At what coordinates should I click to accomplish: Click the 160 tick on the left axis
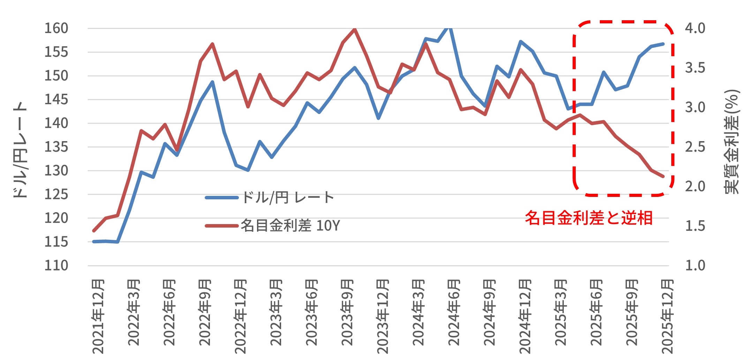click(56, 28)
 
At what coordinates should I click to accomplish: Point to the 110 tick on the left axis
click(56, 266)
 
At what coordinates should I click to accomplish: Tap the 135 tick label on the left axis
click(56, 147)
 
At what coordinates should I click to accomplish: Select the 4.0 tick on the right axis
click(695, 28)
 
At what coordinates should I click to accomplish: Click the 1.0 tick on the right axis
click(695, 266)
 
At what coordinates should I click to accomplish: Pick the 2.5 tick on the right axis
click(695, 147)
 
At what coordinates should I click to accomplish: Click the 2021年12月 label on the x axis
click(98, 316)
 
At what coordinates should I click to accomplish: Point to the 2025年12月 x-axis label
click(667, 316)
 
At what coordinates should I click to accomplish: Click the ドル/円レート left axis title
click(20, 150)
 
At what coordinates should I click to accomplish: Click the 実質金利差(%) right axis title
click(732, 141)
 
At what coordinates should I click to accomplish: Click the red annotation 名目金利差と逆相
click(589, 218)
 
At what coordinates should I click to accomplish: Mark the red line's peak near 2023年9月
click(355, 29)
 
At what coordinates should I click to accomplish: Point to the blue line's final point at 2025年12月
click(663, 44)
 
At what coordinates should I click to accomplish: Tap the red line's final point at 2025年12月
click(663, 177)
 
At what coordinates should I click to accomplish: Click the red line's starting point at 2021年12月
click(93, 231)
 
